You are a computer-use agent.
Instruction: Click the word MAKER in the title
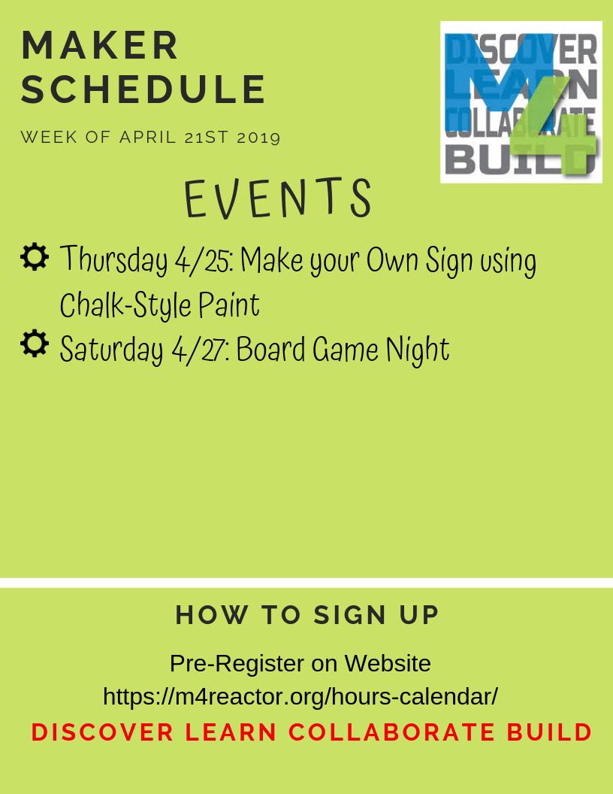101,46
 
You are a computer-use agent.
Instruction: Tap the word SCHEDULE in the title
143,89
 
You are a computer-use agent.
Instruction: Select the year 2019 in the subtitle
258,138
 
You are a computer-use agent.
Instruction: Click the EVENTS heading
278,200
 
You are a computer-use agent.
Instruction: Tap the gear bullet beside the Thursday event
35,257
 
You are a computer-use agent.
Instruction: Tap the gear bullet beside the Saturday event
35,344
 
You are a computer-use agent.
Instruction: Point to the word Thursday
113,261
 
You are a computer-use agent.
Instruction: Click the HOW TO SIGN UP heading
307,615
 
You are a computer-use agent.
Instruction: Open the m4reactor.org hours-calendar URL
300,696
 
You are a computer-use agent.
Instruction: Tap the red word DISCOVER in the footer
103,732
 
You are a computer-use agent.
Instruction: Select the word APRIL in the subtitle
150,138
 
